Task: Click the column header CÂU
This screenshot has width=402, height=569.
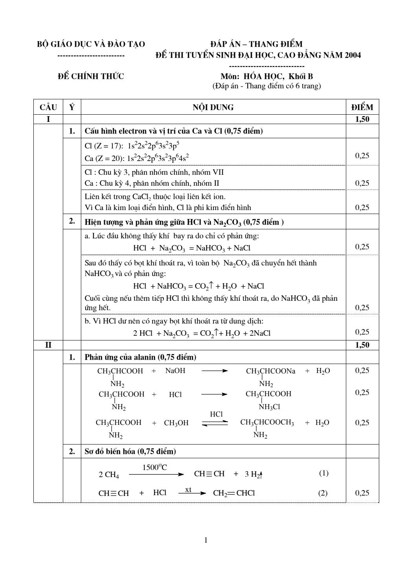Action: tap(48, 107)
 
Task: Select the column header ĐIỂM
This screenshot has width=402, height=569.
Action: tap(362, 107)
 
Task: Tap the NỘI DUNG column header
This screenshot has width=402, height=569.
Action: tap(213, 107)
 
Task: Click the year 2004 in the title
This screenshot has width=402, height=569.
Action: tap(353, 55)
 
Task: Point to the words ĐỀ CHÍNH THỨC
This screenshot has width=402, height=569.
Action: tap(91, 76)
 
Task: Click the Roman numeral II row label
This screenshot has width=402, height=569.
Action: tap(48, 345)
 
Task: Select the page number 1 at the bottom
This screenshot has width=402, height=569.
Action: tap(206, 540)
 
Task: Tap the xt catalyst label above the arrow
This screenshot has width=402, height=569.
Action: tap(188, 489)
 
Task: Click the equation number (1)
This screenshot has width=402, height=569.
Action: tap(324, 473)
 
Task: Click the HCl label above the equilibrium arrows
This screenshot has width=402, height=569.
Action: tap(216, 414)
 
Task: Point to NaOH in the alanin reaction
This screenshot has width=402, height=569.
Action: tap(175, 371)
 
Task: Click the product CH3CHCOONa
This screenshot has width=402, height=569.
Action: tap(270, 371)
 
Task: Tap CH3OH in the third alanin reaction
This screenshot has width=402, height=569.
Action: tap(176, 423)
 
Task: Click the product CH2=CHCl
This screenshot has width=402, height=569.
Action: tap(234, 493)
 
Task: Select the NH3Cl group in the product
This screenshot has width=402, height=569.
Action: tap(269, 407)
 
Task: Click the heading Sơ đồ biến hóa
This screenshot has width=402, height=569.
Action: tap(130, 452)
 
